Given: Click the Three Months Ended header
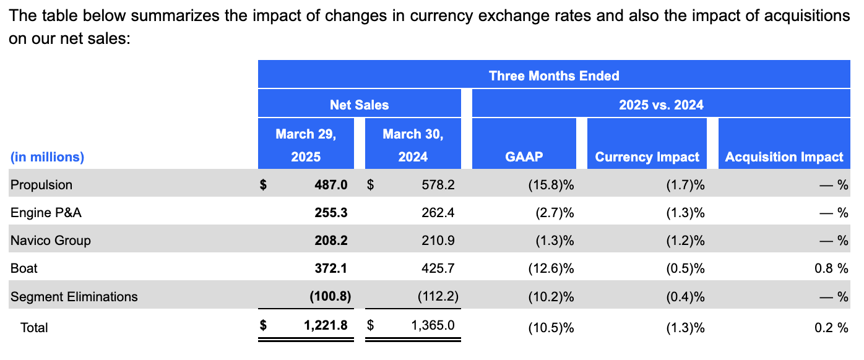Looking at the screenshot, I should (553, 75).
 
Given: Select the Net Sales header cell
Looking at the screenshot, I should (359, 105).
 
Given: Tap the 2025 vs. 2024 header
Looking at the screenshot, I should (661, 105).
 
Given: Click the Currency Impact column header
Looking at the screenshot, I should (647, 157).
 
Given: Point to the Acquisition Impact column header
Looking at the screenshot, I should (784, 157).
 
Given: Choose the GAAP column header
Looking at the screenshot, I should (524, 157).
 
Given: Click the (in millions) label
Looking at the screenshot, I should (47, 157).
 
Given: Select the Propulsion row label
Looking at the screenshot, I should (41, 184).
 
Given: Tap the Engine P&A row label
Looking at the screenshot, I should (46, 213).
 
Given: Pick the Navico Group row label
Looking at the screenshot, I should (51, 241).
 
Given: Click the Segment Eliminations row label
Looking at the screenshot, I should (74, 297).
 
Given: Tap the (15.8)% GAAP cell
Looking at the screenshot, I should (550, 184).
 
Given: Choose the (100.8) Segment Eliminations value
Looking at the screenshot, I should (330, 297).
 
